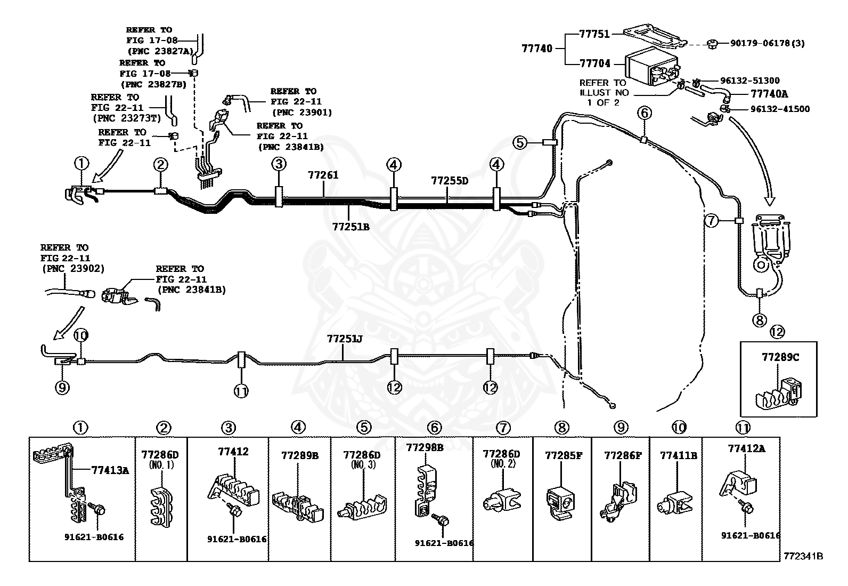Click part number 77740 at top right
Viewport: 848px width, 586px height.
(x=537, y=49)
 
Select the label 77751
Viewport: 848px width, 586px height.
(x=595, y=34)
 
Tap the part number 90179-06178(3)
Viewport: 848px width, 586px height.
(x=768, y=44)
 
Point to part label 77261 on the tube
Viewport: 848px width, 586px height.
(x=323, y=175)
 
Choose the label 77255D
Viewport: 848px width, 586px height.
(x=450, y=181)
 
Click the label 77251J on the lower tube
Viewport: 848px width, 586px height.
(x=345, y=339)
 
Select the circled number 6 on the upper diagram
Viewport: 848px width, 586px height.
(x=645, y=113)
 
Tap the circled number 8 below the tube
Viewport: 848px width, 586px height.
(x=760, y=320)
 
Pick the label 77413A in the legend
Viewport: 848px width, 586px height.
(x=110, y=470)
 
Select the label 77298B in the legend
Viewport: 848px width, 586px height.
(x=425, y=448)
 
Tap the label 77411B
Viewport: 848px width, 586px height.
(x=679, y=455)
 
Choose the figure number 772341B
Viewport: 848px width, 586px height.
(x=803, y=556)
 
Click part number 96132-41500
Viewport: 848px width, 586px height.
(x=780, y=109)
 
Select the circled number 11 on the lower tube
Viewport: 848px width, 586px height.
(x=241, y=391)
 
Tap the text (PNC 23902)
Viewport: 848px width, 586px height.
(x=73, y=268)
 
